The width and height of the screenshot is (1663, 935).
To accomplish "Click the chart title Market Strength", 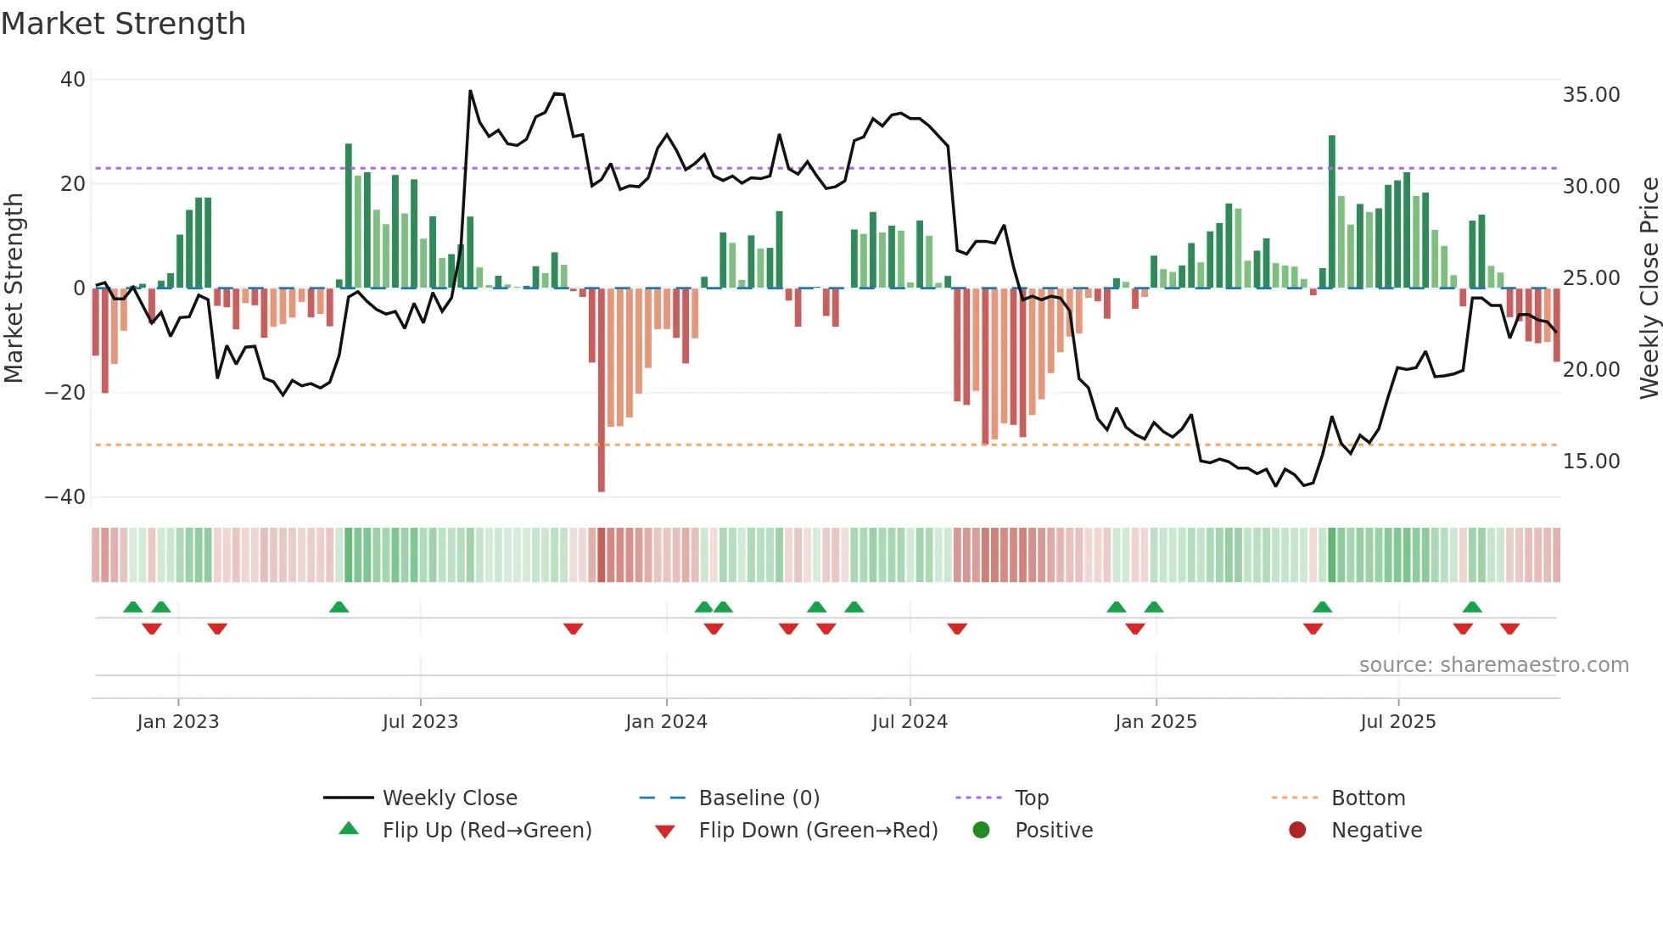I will (123, 24).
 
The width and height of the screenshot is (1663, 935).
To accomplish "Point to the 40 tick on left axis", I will (73, 80).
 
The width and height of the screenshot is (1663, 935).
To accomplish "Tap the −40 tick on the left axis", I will (65, 497).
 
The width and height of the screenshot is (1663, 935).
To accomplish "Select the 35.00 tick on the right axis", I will (1591, 95).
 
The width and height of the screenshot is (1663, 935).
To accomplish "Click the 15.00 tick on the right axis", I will (1591, 462).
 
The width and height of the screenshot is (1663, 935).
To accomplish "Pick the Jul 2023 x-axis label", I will (420, 722).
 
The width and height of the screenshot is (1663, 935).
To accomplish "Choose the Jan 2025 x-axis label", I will (1156, 722).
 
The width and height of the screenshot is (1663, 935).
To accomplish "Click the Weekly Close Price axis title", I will (1649, 288).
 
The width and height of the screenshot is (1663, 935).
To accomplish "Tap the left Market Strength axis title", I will (14, 288).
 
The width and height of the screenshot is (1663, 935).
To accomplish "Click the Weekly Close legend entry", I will (450, 798).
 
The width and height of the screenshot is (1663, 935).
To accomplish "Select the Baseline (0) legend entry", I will (759, 798).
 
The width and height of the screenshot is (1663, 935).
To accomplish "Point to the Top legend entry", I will (1032, 798).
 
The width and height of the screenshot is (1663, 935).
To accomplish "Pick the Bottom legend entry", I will (1368, 798).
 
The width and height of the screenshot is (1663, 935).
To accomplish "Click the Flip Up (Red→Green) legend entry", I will (486, 831).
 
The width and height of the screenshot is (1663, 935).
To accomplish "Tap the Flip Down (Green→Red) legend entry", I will (818, 831).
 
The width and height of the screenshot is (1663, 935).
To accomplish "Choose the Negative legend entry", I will (1376, 831).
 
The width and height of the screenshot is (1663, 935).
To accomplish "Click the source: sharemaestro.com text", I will (1493, 665).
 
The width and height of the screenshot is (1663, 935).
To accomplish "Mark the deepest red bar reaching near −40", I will (602, 390).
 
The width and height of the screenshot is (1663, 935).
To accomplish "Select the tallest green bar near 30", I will (1332, 212).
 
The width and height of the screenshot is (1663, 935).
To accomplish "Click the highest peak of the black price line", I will (470, 92).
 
